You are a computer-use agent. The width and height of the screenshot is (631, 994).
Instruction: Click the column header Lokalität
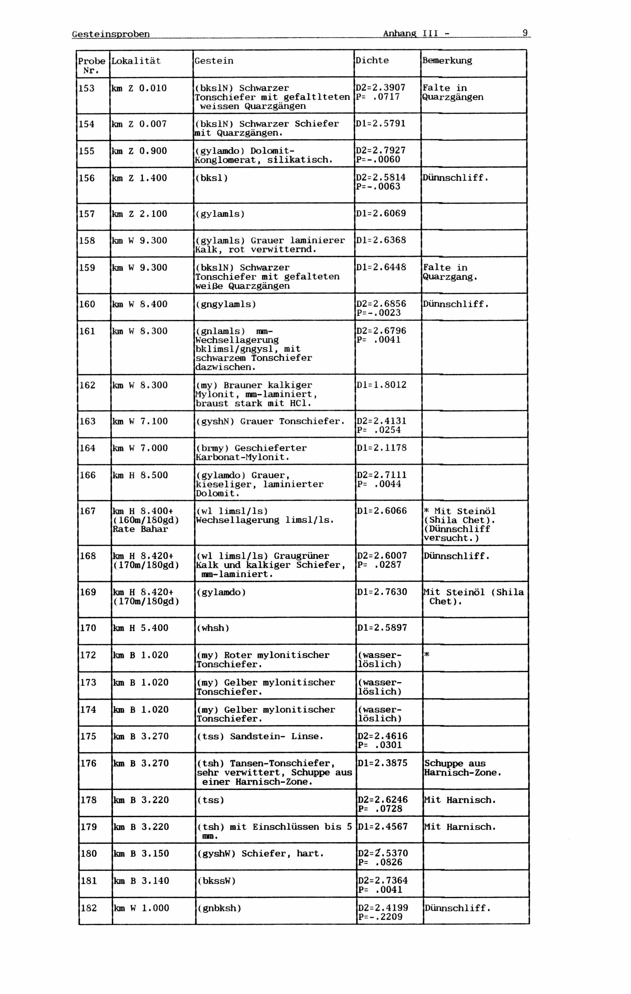136,61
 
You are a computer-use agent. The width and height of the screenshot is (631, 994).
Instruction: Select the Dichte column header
372,61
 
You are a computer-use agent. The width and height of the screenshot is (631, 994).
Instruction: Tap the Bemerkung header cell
447,61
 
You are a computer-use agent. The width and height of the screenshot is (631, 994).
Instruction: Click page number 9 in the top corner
525,33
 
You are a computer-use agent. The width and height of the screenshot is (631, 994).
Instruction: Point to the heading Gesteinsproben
111,34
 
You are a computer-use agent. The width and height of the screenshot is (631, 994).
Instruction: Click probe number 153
87,88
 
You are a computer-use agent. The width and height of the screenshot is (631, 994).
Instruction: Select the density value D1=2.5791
381,124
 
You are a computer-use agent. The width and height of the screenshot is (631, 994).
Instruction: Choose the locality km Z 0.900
139,151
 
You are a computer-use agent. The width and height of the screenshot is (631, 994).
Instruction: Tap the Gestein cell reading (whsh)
213,628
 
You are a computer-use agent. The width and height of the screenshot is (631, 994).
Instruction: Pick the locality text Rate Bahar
140,529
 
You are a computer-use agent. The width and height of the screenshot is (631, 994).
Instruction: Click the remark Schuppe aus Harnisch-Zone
462,768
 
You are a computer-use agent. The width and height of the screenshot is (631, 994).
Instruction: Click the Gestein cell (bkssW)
216,881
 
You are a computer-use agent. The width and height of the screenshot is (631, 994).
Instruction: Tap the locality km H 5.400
141,628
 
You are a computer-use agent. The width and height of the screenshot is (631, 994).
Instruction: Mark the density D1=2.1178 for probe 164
382,448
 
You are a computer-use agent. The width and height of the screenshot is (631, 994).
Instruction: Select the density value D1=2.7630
382,592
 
